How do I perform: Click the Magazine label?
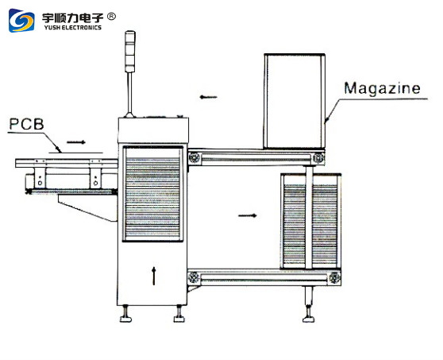[x=382, y=88]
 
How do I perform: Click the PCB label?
[x=26, y=124]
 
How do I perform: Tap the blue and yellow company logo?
[x=21, y=21]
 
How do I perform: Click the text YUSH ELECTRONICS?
[x=72, y=28]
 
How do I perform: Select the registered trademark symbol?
[x=111, y=17]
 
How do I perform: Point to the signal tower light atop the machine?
[x=130, y=51]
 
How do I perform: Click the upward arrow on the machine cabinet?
[x=154, y=276]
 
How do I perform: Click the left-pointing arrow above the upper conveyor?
[x=208, y=97]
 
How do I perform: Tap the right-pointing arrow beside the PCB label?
[x=76, y=142]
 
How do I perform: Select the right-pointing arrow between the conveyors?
[x=248, y=215]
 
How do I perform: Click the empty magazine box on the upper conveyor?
[x=295, y=101]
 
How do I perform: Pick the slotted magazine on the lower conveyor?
[x=310, y=221]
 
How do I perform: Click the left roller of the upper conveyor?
[x=194, y=157]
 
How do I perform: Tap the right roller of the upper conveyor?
[x=318, y=157]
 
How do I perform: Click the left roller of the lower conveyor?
[x=194, y=277]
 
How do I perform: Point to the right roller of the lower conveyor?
[x=334, y=277]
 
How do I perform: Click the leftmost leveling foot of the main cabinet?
[x=125, y=314]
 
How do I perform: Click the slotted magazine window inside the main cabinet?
[x=152, y=194]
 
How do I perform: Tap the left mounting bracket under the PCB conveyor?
[x=40, y=178]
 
